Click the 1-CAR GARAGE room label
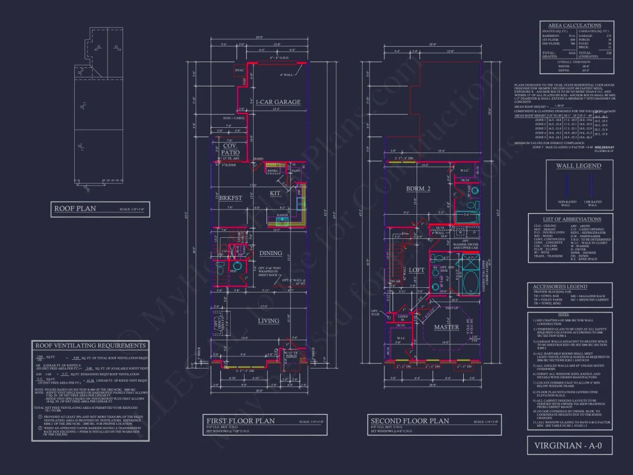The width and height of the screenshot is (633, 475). [x=279, y=102]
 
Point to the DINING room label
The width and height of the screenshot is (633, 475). [x=270, y=253]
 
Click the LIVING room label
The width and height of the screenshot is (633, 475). [x=268, y=321]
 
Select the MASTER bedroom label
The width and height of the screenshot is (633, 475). [x=447, y=327]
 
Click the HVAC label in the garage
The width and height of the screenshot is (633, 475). [x=239, y=70]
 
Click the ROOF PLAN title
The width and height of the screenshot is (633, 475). [x=75, y=208]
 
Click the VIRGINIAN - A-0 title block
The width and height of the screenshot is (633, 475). [x=569, y=445]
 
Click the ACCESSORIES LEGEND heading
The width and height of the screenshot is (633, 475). [x=560, y=286]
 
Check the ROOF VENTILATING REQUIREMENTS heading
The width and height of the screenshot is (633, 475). [x=90, y=345]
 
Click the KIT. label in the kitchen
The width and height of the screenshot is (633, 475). [x=276, y=193]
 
